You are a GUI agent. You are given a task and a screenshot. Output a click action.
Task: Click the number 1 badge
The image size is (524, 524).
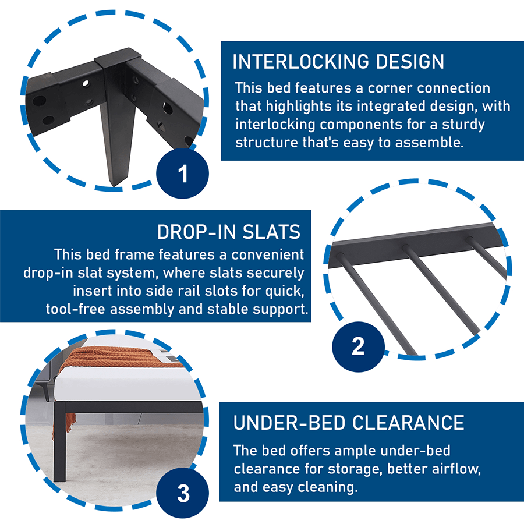182,173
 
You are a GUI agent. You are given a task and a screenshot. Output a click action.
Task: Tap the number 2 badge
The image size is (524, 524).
358,346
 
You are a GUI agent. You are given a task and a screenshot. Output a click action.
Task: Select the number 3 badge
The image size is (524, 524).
182,493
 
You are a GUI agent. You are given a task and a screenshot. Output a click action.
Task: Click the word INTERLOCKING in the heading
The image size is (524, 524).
301,62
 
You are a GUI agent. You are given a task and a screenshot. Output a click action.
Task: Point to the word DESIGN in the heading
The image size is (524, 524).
410,62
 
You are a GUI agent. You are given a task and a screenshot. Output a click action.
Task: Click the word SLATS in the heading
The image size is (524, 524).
271,232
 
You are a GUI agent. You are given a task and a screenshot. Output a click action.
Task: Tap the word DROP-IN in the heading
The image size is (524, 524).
197,232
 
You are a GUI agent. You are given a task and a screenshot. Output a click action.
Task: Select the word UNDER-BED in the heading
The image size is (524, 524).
289,423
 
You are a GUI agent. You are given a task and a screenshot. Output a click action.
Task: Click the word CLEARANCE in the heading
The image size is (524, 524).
408,423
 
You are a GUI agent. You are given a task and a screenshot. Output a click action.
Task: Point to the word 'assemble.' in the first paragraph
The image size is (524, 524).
430,143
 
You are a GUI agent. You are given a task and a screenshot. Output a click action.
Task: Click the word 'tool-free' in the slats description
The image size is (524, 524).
76,309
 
